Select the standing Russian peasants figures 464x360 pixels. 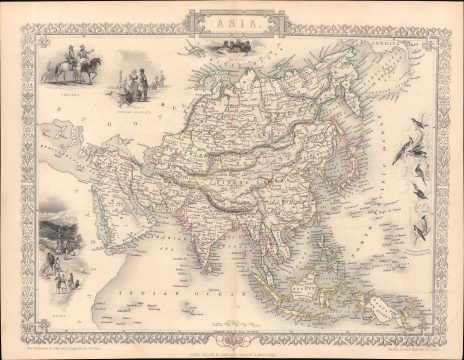134,84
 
